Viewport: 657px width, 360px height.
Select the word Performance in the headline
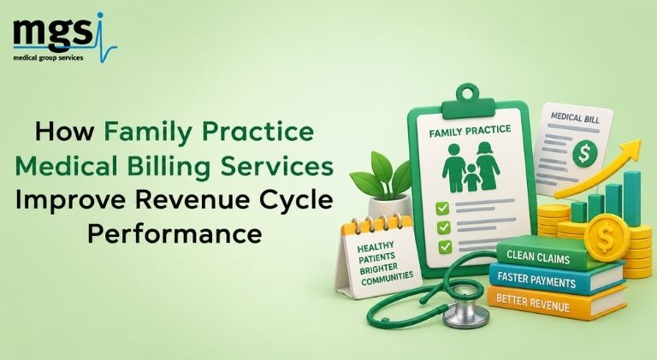point(175,233)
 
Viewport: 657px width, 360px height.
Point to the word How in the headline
point(65,132)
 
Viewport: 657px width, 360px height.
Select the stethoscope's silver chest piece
point(465,312)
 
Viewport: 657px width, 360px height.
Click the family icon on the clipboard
point(471,168)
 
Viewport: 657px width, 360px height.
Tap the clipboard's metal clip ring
point(467,92)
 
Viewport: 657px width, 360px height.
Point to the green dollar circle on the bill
point(584,153)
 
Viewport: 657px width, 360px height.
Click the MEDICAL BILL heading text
point(575,117)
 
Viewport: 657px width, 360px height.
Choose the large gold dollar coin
point(607,238)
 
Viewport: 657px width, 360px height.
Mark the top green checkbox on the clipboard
point(442,208)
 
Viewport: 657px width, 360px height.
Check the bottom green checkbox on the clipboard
point(445,247)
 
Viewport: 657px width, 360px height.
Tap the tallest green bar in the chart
point(631,199)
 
